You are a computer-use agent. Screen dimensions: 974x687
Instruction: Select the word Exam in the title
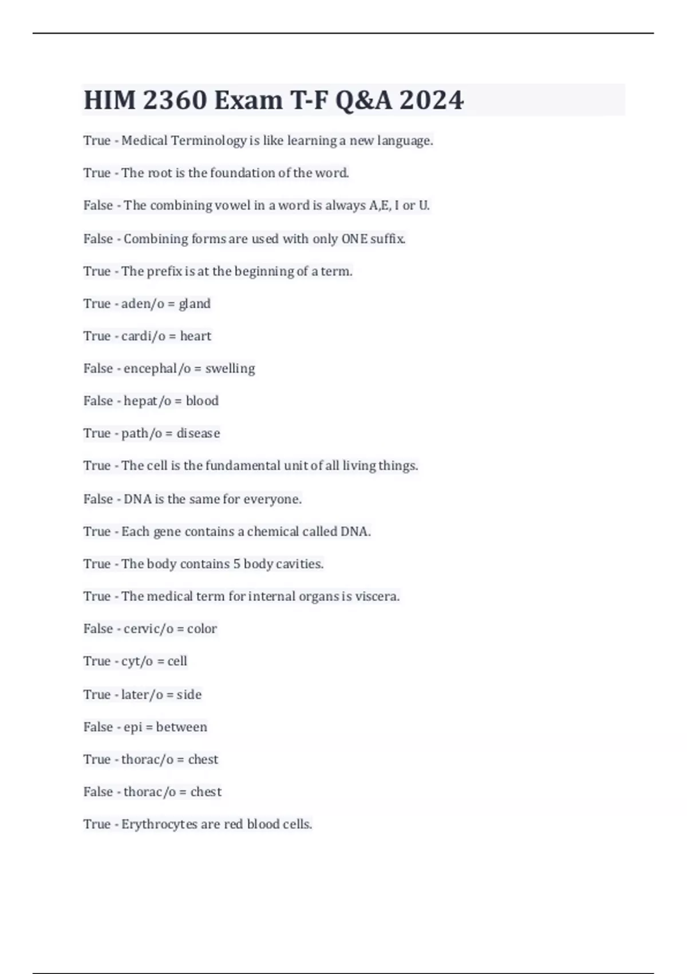coord(248,100)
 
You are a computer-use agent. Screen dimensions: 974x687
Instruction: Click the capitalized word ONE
coord(354,239)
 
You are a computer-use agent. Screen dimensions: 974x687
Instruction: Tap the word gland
coord(195,304)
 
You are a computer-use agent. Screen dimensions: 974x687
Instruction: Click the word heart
coord(196,336)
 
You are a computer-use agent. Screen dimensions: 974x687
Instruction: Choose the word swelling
coord(230,368)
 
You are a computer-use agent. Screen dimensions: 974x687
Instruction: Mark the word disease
coord(198,434)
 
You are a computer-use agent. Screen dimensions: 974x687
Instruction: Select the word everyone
coord(273,500)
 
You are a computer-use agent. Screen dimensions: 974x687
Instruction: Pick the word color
coord(202,629)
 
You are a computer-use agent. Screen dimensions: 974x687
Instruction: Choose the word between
coord(181,727)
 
